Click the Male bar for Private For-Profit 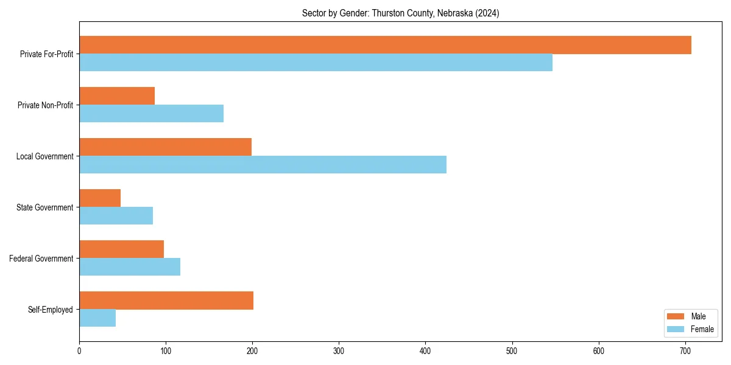pos(385,45)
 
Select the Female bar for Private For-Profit pos(316,63)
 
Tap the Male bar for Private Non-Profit pos(117,96)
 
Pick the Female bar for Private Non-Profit pos(151,114)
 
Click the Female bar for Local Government pos(263,165)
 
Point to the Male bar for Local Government pos(165,147)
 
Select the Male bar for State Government pos(100,198)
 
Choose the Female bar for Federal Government pos(130,267)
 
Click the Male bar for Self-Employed pos(166,301)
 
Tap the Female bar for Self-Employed pos(97,318)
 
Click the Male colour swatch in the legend pos(676,316)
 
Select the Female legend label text pos(702,329)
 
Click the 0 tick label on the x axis pos(79,350)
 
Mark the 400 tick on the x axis pos(425,350)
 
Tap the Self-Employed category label pos(51,310)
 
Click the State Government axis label pos(45,207)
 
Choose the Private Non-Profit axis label pos(45,105)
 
